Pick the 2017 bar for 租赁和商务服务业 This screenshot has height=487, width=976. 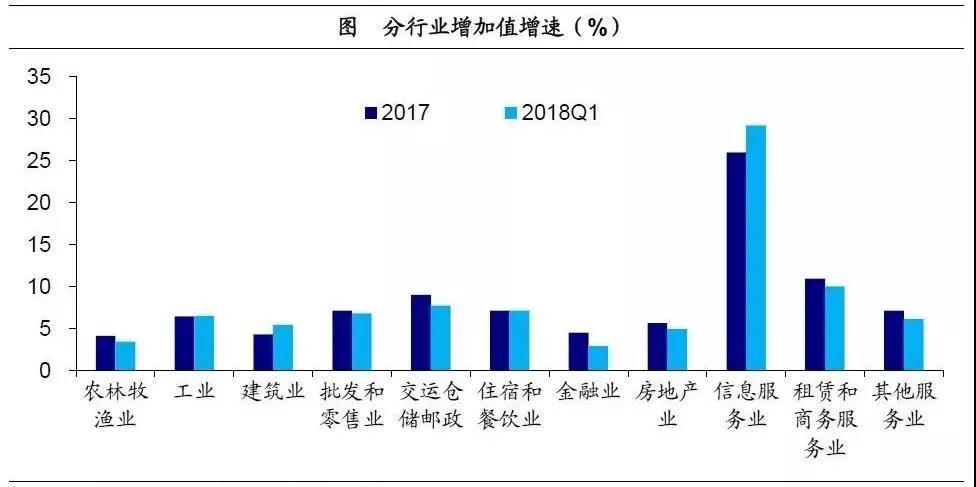click(x=815, y=324)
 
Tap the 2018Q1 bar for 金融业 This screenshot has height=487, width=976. click(x=598, y=358)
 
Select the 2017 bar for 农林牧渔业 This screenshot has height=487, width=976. click(x=106, y=353)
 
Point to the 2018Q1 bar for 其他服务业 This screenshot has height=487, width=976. click(x=914, y=344)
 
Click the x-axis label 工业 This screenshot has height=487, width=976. click(x=194, y=391)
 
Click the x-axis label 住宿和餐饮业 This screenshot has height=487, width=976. click(x=509, y=404)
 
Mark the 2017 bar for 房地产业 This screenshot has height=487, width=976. click(x=657, y=346)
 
